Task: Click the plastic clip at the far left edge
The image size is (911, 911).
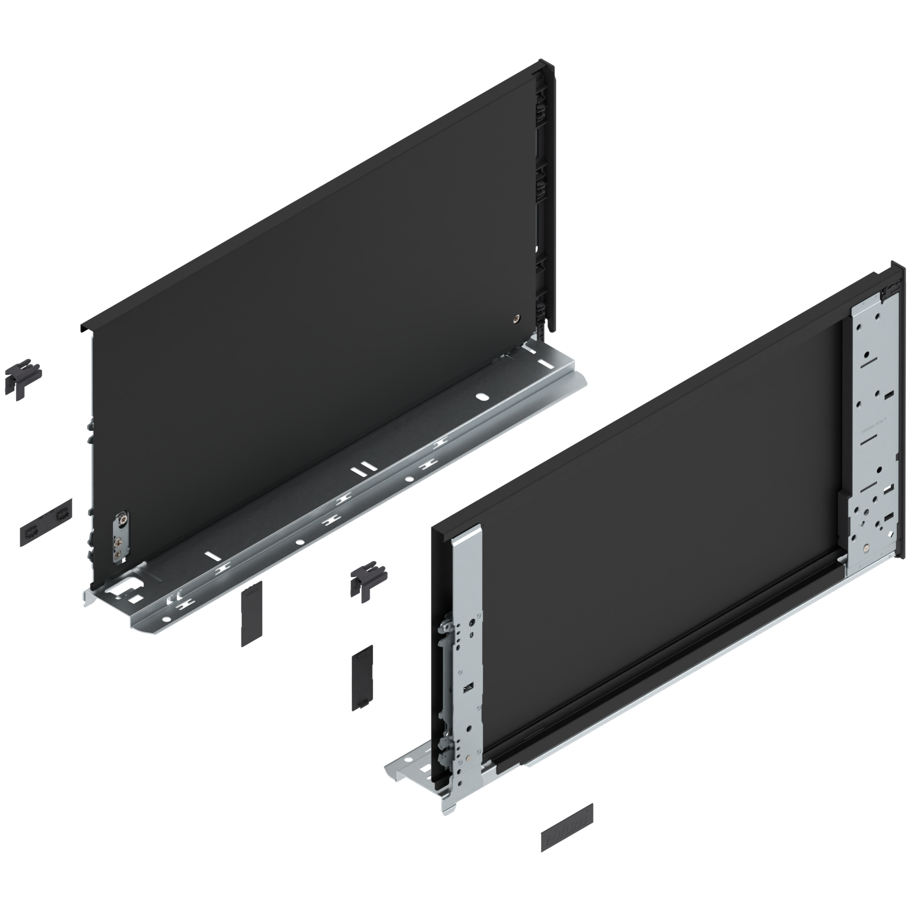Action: [x=22, y=377]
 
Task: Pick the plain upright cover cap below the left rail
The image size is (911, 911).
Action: [x=250, y=612]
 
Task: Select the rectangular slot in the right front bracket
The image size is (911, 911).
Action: [x=469, y=688]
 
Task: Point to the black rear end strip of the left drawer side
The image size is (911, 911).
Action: [x=547, y=202]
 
